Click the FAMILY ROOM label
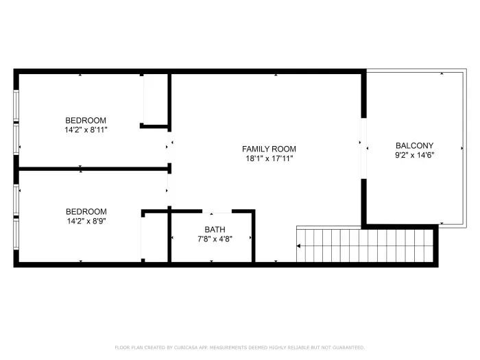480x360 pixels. coord(269,149)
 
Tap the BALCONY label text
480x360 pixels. coord(414,145)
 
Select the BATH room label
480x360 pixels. coord(215,229)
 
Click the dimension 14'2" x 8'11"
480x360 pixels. coord(86,130)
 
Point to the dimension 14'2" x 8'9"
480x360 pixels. coord(86,221)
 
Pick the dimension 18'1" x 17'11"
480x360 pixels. coord(269,158)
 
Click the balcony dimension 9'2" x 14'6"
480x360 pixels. coord(415,155)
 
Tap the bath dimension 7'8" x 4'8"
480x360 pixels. coord(215,239)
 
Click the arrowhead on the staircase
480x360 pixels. coord(298,245)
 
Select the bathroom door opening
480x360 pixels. coord(217,211)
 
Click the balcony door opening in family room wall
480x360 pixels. coord(363,149)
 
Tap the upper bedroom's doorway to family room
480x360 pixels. coord(169,147)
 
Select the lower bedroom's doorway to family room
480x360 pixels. coord(169,190)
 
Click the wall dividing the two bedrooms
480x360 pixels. coord(93,169)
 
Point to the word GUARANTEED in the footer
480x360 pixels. coord(348,348)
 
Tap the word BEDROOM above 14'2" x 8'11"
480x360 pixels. coord(86,120)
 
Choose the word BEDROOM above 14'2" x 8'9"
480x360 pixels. coord(86,211)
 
